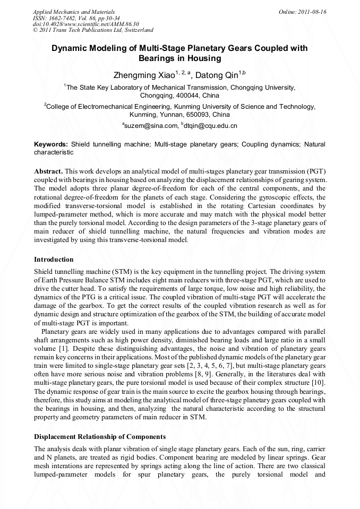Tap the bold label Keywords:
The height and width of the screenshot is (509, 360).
[51, 144]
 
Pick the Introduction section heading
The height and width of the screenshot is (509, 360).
[54, 260]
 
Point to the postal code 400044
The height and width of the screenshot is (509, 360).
[179, 96]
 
